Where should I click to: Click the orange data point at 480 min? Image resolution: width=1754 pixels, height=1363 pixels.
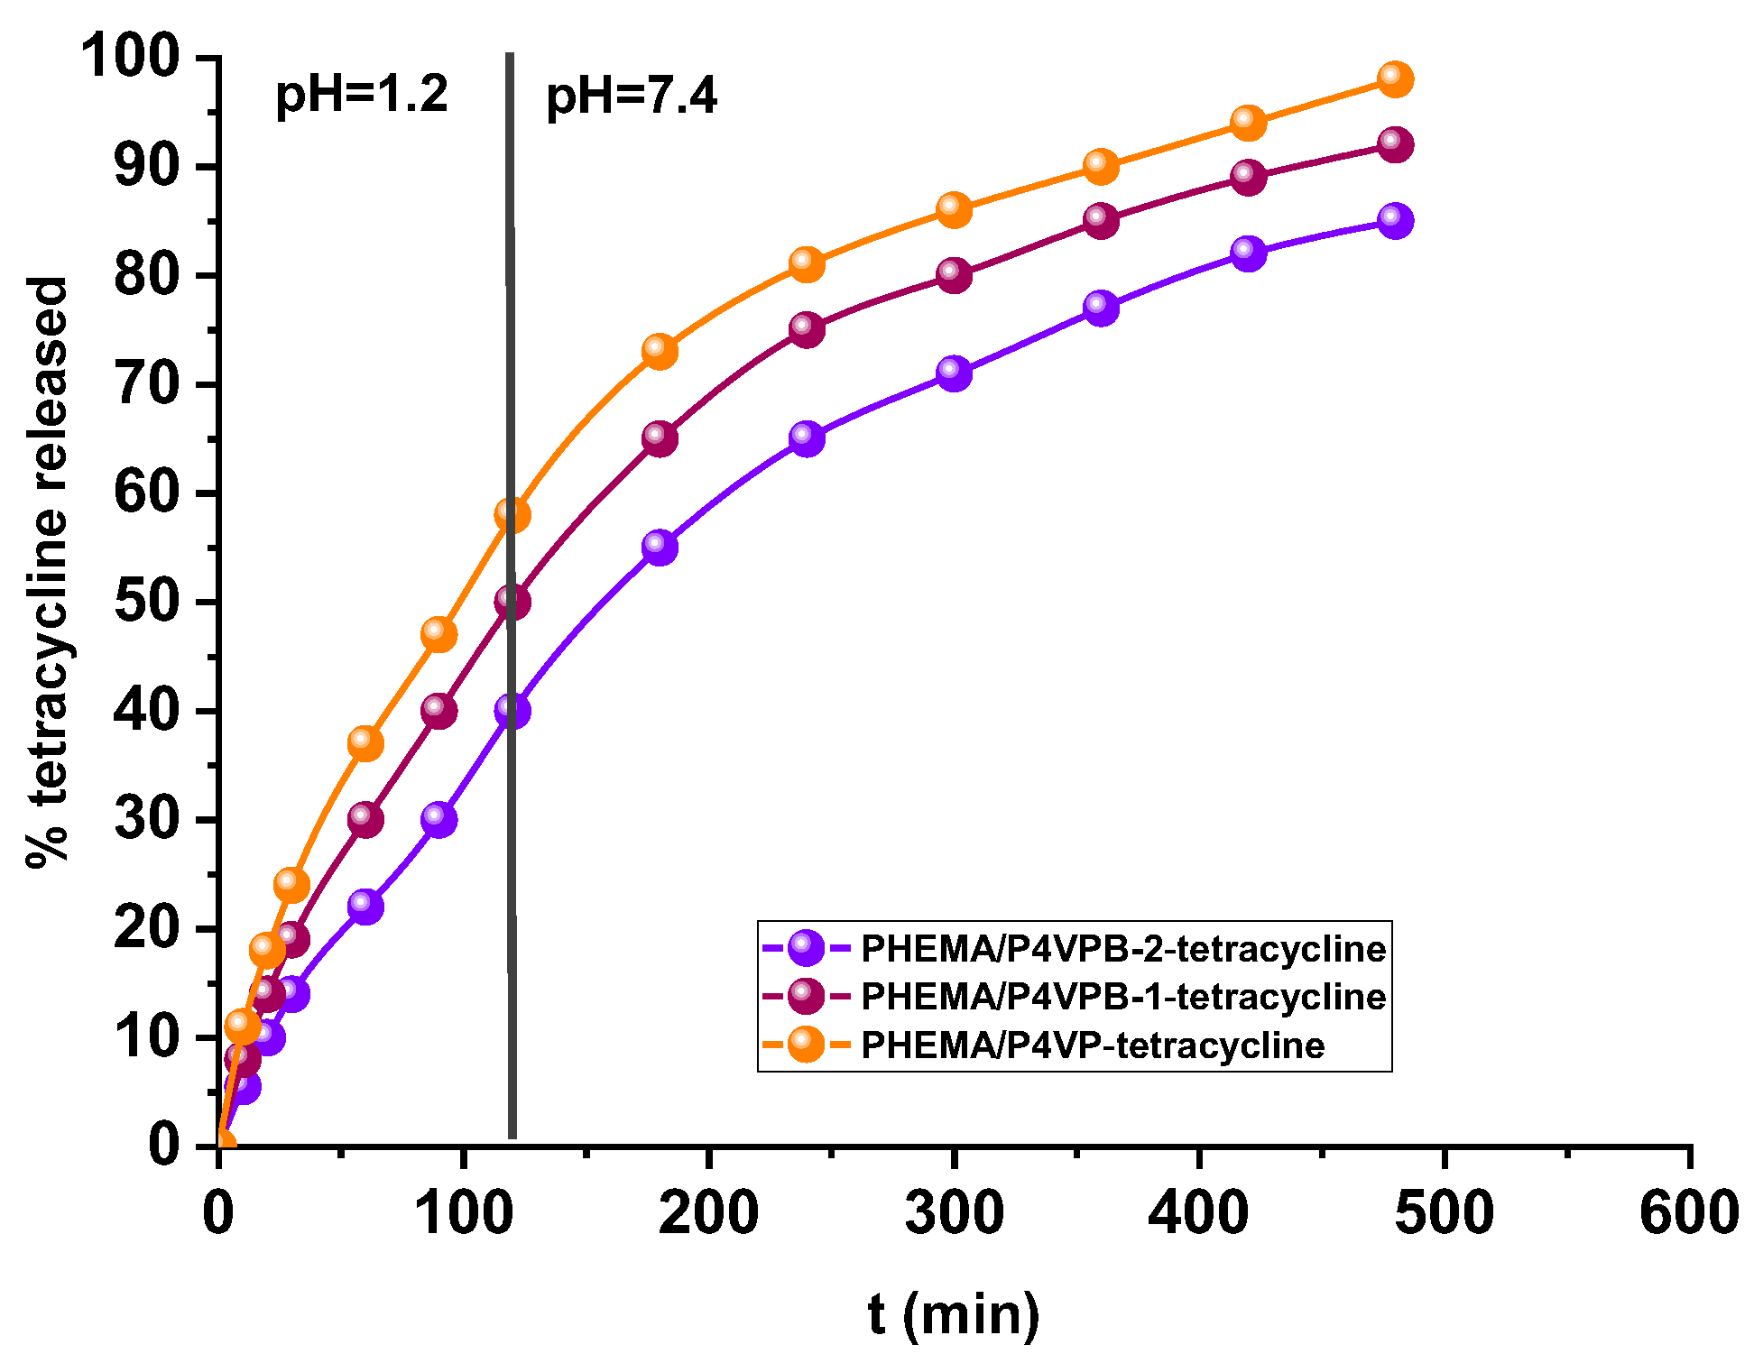pos(1395,79)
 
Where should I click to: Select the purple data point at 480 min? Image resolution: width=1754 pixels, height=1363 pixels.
pos(1395,221)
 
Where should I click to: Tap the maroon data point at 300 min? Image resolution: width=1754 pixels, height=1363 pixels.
pos(954,275)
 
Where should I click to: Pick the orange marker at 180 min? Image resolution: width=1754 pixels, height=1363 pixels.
pos(660,351)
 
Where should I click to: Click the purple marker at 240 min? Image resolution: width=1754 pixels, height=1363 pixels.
pos(807,438)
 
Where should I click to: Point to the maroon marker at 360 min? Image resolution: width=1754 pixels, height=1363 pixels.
pos(1101,220)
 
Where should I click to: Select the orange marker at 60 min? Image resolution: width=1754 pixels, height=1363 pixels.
pos(365,743)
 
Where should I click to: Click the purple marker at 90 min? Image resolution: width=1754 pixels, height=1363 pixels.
pos(438,819)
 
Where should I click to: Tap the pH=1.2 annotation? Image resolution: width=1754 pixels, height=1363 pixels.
pos(361,95)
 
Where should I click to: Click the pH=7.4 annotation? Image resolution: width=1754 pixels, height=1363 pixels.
pos(632,97)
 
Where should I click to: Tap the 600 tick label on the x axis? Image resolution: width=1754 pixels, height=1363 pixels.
pos(1688,1213)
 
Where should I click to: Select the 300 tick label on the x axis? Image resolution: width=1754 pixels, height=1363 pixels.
pos(954,1213)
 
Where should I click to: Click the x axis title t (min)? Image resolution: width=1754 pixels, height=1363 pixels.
pos(954,1314)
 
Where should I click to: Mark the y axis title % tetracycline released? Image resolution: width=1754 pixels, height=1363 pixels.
pos(47,573)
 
